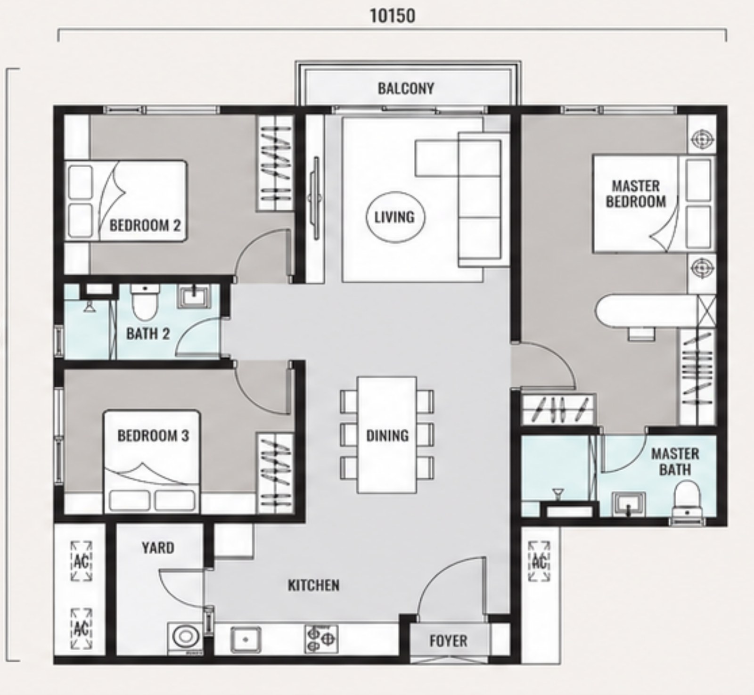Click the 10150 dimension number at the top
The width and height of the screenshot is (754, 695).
[x=393, y=16]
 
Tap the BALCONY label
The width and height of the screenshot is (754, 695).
[x=406, y=88]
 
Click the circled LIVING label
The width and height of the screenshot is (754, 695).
[x=394, y=217]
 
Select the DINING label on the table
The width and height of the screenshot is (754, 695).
[x=387, y=435]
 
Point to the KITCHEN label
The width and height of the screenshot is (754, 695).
[x=314, y=585]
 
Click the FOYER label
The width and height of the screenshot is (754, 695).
[x=449, y=641]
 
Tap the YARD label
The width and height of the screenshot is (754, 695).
[x=158, y=548]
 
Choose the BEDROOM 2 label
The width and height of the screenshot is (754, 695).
[x=145, y=225]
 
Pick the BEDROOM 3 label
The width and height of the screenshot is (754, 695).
[x=153, y=435]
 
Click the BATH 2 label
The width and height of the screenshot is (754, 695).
[x=148, y=334]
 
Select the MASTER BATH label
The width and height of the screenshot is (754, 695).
[x=675, y=462]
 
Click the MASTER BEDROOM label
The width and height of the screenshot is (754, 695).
[x=636, y=194]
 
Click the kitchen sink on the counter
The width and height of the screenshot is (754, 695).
[x=246, y=638]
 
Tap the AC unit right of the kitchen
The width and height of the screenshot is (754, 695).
[x=539, y=561]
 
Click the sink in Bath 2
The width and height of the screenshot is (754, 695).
[x=192, y=298]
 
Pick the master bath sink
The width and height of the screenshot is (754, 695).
[x=629, y=504]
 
